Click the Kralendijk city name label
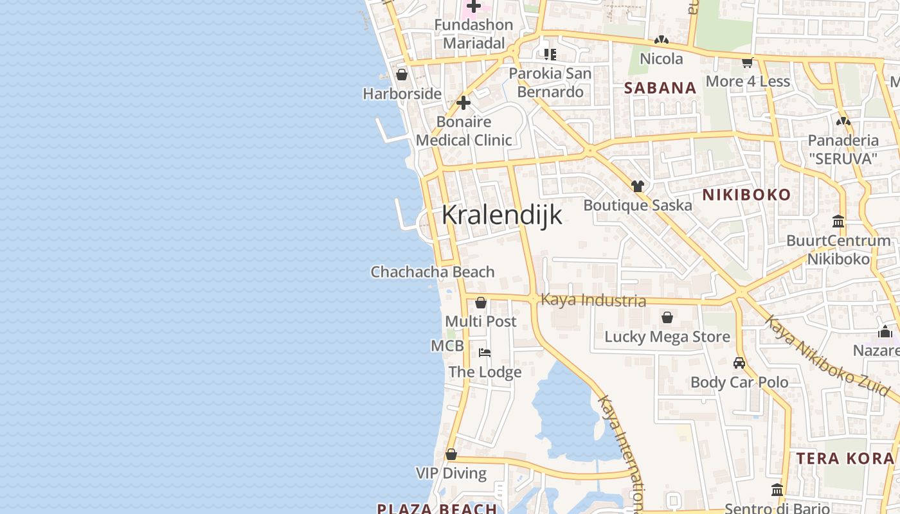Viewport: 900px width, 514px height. pos(501,215)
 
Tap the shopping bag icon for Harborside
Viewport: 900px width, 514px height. pos(402,75)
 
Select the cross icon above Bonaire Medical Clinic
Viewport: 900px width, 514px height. pos(464,103)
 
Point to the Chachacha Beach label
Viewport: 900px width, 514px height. pos(433,272)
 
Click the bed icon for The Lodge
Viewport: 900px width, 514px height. pos(485,352)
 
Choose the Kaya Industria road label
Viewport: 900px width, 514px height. pos(593,300)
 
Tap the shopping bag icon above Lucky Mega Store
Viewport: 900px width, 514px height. pos(667,317)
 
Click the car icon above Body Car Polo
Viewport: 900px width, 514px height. pos(739,363)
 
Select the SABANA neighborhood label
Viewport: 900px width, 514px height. pos(660,88)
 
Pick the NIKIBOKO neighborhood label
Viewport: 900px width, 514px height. pos(746,195)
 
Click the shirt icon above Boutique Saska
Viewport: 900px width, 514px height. pos(637,186)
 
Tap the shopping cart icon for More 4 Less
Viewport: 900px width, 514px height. pos(747,62)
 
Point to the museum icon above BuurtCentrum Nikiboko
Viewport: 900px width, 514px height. pos(838,222)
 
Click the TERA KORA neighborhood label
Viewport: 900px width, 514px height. pos(845,458)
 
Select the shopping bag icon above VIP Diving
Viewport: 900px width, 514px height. pos(451,454)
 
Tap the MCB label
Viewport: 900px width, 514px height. pos(447,346)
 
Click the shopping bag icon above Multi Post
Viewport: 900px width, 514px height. pos(480,303)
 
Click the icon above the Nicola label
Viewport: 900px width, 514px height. pos(661,40)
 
